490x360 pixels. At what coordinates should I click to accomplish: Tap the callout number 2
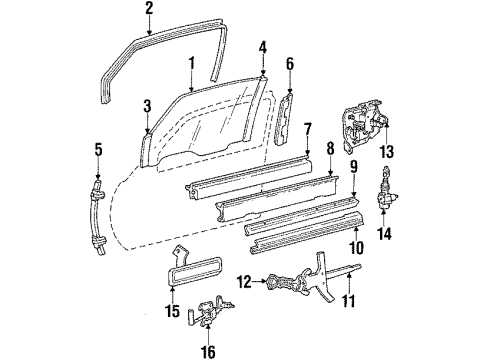[148, 11]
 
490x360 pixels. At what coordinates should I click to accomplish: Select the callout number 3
[147, 105]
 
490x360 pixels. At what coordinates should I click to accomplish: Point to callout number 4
[262, 46]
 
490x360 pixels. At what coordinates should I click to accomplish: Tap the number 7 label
[308, 128]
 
